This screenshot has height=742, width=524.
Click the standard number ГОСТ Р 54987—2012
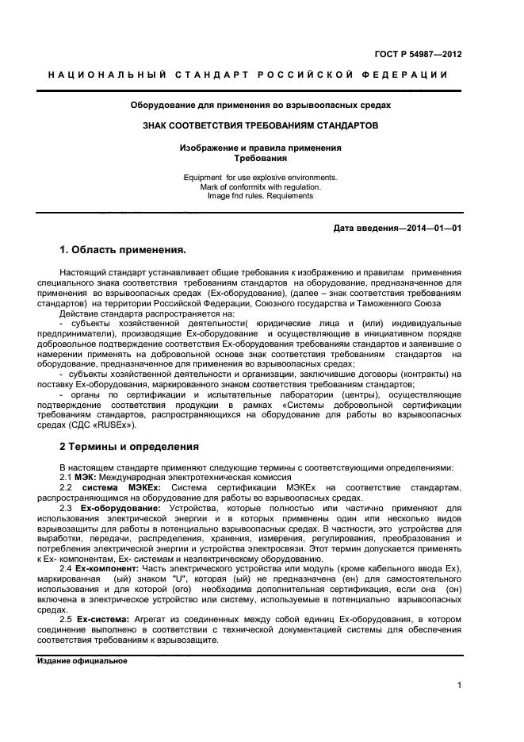(x=419, y=54)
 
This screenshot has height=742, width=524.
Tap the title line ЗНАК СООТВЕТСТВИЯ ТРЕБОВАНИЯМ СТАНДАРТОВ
(x=260, y=125)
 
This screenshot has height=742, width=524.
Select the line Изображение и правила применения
(x=260, y=148)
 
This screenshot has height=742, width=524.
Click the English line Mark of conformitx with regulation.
(x=260, y=186)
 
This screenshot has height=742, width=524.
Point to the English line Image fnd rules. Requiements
(x=260, y=196)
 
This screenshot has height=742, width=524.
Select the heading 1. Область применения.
(x=123, y=250)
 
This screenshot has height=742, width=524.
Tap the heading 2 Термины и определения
(x=129, y=446)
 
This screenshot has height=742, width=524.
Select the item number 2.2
(x=67, y=487)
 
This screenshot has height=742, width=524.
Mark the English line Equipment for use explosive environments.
(x=260, y=177)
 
